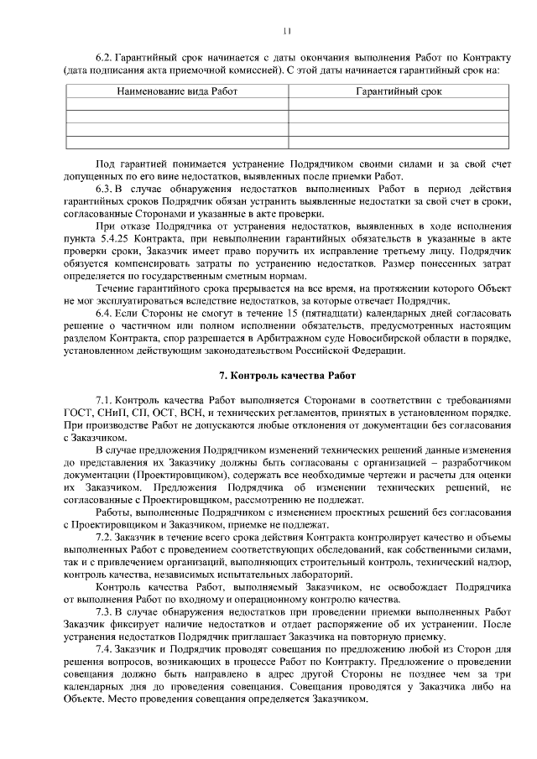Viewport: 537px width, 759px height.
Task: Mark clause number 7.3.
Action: (106, 614)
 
